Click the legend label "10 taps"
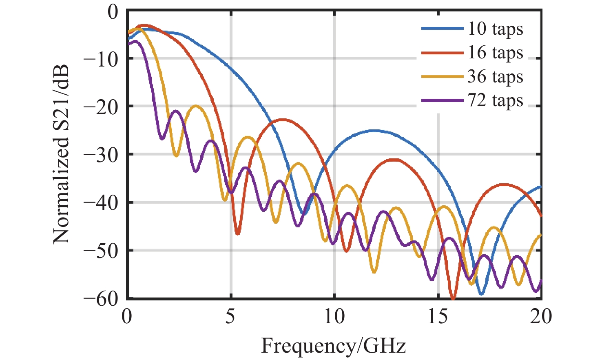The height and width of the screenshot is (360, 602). click(x=495, y=29)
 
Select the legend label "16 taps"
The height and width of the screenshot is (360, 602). click(x=495, y=53)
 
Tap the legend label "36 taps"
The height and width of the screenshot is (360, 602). click(x=495, y=76)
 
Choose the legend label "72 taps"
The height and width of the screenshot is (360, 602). click(x=495, y=100)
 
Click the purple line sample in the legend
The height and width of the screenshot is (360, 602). click(x=443, y=100)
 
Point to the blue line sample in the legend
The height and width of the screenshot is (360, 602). click(x=443, y=29)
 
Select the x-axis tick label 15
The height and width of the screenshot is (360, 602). click(x=438, y=317)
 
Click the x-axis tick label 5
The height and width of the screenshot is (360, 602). click(x=230, y=317)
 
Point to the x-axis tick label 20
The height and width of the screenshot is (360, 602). click(x=541, y=317)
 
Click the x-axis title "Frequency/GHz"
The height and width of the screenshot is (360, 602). click(x=333, y=346)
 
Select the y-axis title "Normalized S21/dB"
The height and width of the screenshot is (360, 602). click(x=61, y=154)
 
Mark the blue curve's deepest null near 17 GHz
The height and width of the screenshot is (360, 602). click(x=481, y=294)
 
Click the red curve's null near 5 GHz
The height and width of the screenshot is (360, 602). click(x=237, y=234)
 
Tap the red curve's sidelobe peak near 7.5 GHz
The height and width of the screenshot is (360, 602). click(x=281, y=120)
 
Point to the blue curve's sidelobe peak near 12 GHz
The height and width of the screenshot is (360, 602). click(x=374, y=131)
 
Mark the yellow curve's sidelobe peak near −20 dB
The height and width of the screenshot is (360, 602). click(x=196, y=106)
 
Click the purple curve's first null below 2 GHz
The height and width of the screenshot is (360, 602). click(x=162, y=139)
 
